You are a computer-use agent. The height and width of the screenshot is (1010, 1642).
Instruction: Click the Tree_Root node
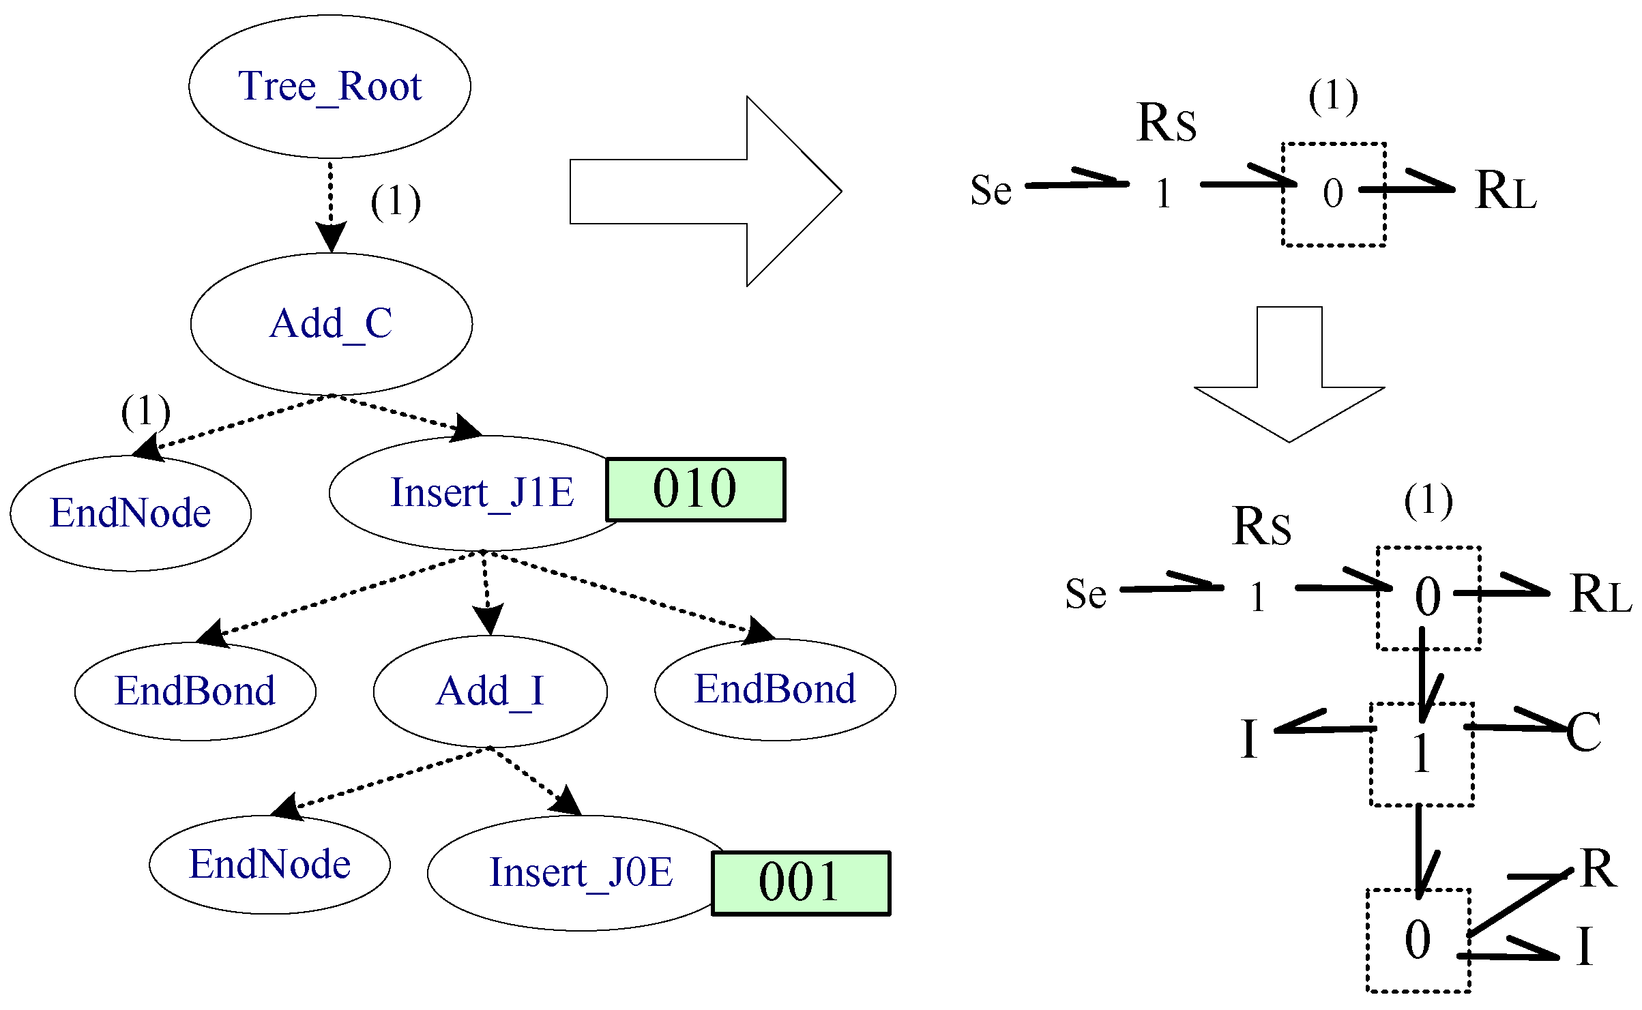(329, 87)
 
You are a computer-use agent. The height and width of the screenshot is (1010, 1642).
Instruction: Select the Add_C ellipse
(331, 324)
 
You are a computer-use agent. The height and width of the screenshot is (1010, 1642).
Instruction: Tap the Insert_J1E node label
(482, 492)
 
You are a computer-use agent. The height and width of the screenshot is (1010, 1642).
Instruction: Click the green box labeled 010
(695, 489)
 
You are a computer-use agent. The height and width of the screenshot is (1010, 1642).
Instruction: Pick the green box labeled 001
(800, 882)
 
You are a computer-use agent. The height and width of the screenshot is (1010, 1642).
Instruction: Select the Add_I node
(490, 691)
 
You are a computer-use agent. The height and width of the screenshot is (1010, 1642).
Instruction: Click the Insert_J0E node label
(581, 872)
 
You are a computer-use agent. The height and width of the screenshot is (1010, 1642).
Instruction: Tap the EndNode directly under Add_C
(130, 513)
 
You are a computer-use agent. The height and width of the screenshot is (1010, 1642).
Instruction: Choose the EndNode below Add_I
(269, 864)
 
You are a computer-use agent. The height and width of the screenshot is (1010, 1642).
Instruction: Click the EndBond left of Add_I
(195, 691)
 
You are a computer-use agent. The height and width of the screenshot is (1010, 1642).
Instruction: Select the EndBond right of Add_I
(775, 689)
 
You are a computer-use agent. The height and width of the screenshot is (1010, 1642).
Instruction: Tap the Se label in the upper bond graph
(991, 190)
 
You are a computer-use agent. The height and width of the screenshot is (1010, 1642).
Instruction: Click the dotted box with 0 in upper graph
(1333, 194)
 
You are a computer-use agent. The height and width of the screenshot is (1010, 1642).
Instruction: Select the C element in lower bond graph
(1583, 732)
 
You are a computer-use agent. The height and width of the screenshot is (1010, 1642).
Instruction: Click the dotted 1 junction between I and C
(1422, 754)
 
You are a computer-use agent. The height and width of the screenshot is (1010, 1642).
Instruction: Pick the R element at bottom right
(1598, 869)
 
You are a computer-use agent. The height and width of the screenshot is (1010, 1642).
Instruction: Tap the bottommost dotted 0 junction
(1418, 940)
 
